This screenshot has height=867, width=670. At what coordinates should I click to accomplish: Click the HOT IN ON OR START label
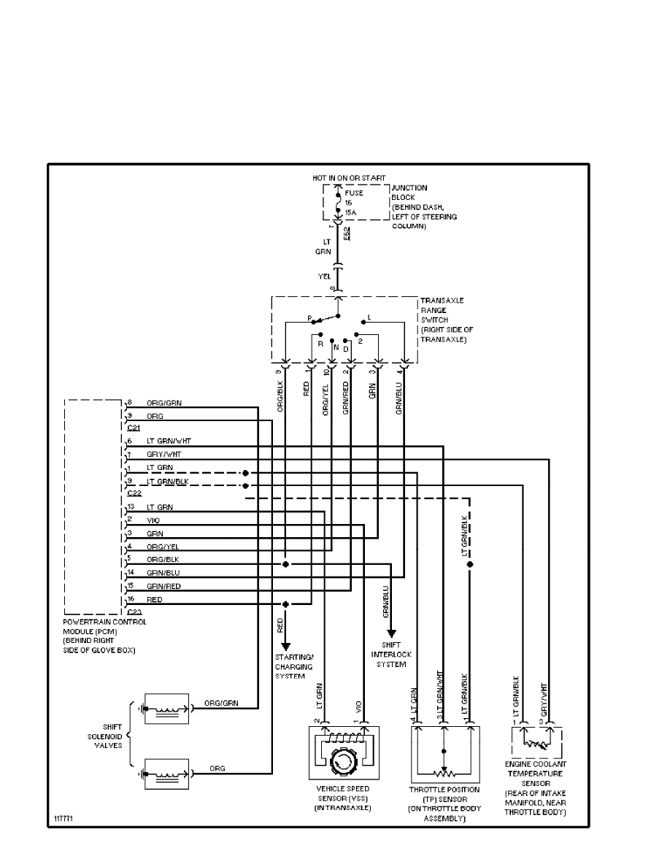click(x=339, y=179)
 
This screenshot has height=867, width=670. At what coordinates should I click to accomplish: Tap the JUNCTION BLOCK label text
click(x=410, y=193)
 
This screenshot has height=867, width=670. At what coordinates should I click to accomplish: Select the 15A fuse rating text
click(x=350, y=212)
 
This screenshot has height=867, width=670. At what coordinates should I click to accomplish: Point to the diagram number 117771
click(x=63, y=819)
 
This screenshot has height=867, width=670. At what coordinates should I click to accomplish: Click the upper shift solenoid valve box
click(x=166, y=708)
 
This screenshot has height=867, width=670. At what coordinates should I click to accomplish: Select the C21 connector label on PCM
click(x=134, y=428)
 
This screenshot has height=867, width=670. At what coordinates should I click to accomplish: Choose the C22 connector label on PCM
click(x=134, y=493)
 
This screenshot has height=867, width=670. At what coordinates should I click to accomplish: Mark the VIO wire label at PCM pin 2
click(x=153, y=520)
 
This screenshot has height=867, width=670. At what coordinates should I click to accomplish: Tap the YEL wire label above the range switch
click(x=324, y=277)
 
